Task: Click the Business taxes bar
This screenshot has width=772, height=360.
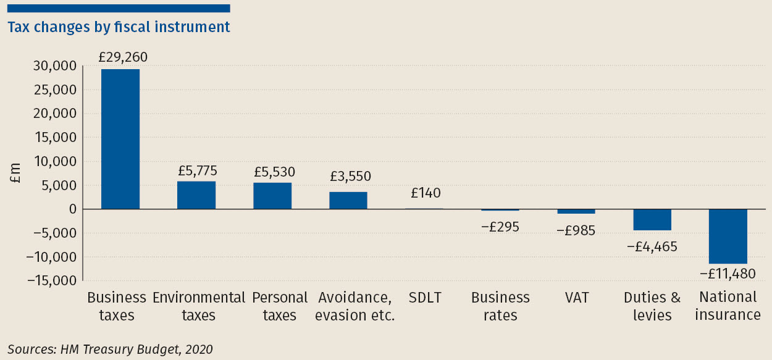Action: (120, 139)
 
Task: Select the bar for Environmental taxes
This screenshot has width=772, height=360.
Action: (196, 195)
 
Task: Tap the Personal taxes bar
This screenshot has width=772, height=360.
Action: (272, 196)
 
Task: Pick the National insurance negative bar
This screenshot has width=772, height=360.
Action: (728, 237)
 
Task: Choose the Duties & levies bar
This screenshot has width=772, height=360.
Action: (652, 220)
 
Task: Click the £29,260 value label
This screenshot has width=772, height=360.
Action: (123, 57)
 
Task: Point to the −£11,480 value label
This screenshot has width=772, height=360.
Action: (727, 273)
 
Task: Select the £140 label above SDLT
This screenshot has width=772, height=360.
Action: (426, 193)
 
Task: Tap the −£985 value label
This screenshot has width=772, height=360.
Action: (576, 230)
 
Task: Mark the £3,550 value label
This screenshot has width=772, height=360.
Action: (350, 176)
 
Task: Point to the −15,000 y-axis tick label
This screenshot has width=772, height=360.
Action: (52, 281)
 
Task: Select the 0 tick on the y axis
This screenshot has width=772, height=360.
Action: (72, 209)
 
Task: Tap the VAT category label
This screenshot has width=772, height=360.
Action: (576, 298)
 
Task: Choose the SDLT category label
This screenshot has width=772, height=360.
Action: (425, 298)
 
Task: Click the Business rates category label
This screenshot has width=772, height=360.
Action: (500, 306)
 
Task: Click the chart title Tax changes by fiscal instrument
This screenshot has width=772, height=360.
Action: (119, 27)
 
